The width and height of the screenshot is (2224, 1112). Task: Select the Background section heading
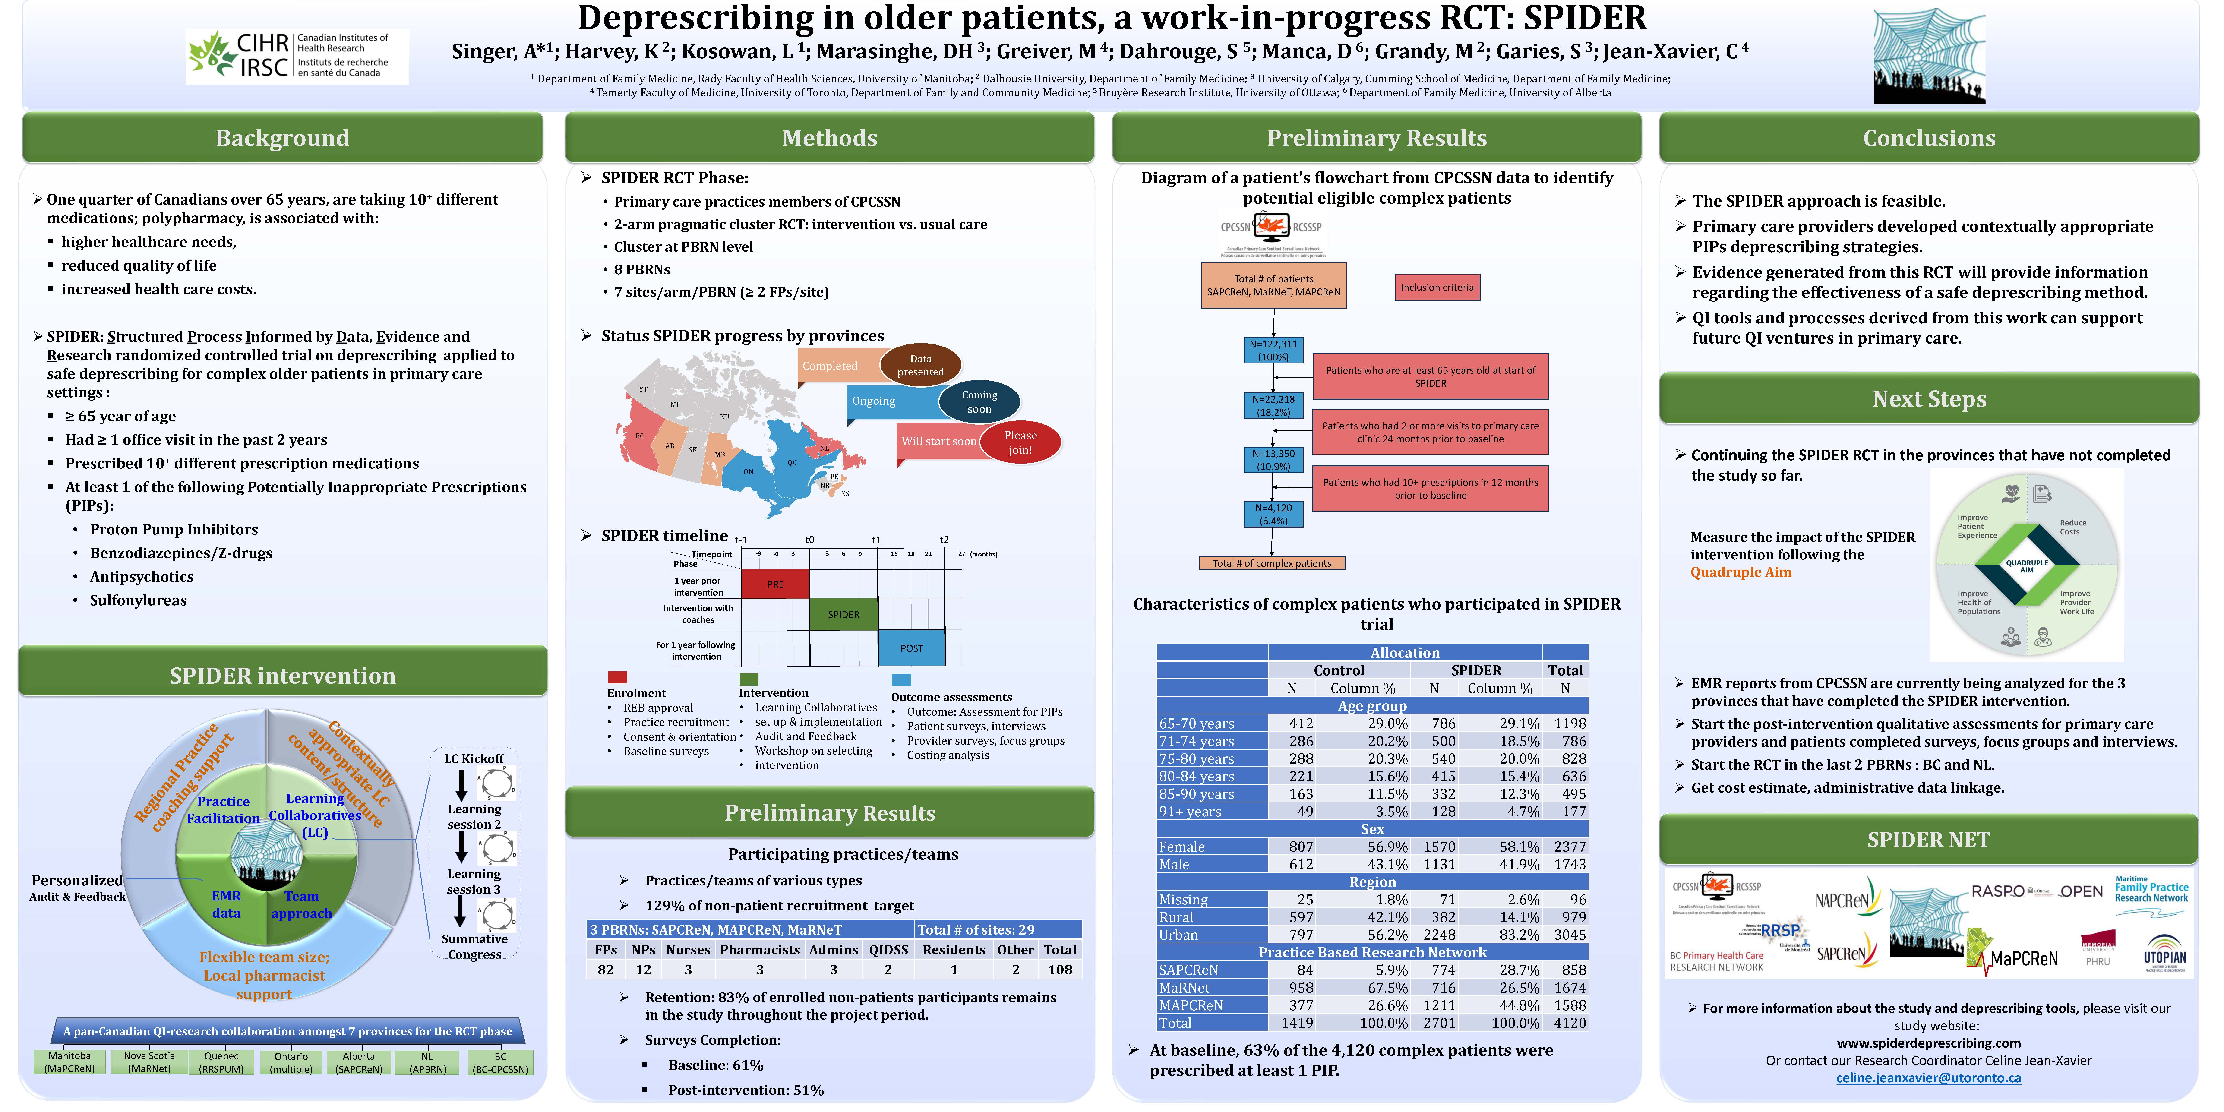(282, 138)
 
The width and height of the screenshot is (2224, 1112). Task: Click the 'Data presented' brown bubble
(920, 365)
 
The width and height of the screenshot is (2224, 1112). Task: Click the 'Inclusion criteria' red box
(1437, 287)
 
